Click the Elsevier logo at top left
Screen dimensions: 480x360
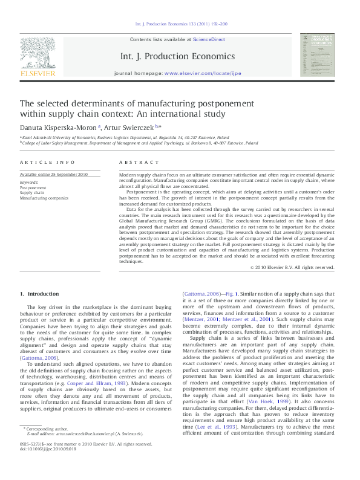pos(38,57)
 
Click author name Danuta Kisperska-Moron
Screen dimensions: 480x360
pos(53,128)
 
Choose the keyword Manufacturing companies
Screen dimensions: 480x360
pos(44,198)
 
